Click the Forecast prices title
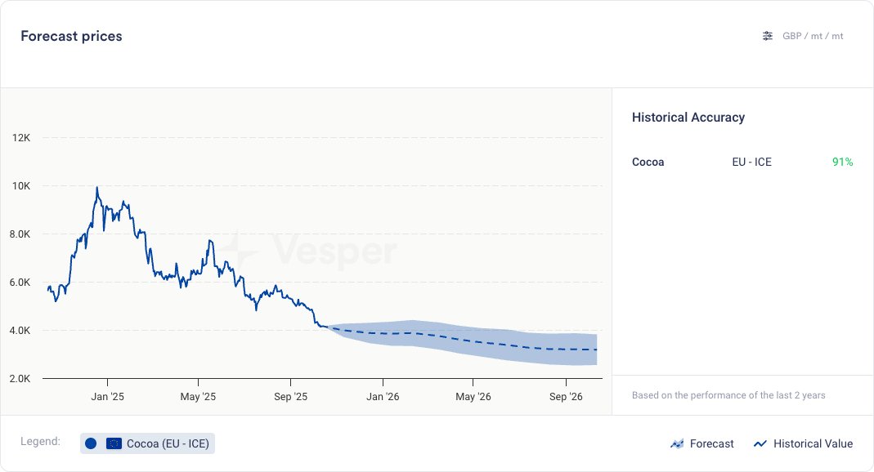point(71,36)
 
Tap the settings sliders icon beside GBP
point(767,36)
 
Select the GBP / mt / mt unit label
point(813,36)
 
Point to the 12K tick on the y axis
point(21,137)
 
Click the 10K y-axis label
point(21,185)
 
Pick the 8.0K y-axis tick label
point(20,234)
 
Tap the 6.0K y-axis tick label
point(20,283)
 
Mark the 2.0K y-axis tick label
point(20,379)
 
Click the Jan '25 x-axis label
point(106,397)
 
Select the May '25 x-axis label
point(198,397)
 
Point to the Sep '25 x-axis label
point(290,397)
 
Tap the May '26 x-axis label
point(473,397)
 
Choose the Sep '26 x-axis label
point(566,397)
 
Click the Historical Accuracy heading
point(688,118)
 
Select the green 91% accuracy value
point(842,162)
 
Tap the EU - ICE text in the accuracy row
point(751,162)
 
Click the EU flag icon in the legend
point(114,443)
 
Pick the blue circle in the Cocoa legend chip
point(91,443)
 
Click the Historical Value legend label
point(813,443)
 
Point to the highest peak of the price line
point(97,187)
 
